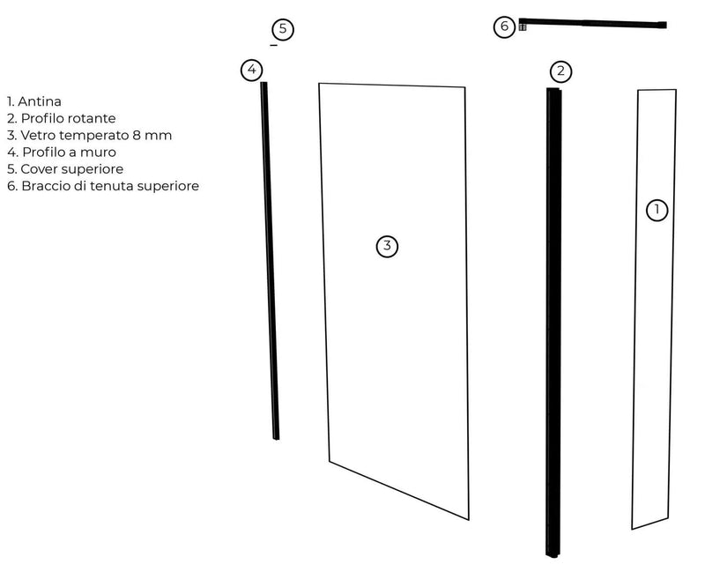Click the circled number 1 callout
[657, 210]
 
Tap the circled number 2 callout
[560, 71]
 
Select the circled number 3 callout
[387, 246]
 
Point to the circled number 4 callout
[252, 69]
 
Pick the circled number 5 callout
[282, 29]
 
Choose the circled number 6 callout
[504, 26]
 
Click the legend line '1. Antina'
[33, 101]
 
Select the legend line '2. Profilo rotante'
[61, 118]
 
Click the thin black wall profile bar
[269, 264]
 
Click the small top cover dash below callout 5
[274, 45]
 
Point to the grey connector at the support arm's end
[522, 27]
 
